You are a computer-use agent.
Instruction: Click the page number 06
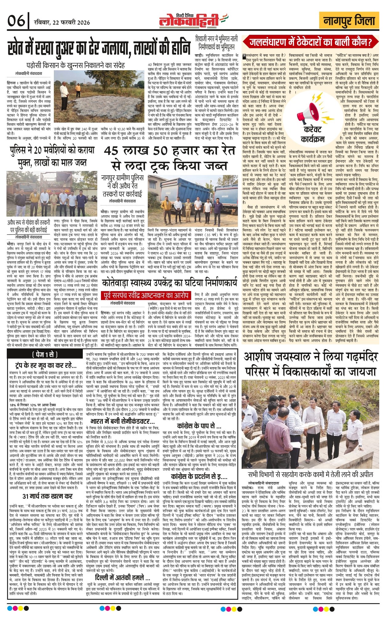[x=16, y=21]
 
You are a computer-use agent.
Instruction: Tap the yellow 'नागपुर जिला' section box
[x=349, y=21]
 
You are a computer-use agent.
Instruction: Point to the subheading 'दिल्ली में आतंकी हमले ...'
[x=123, y=577]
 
